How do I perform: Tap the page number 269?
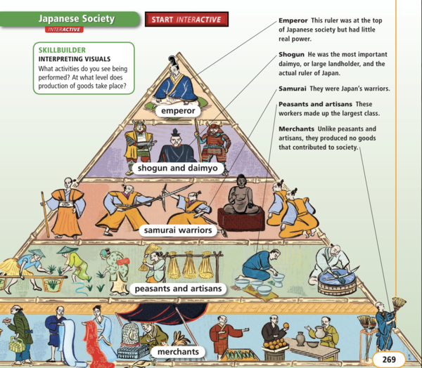[x=390, y=360]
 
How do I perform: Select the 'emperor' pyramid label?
[x=177, y=111]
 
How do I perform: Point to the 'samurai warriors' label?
[x=177, y=230]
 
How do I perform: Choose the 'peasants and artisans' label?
[x=177, y=289]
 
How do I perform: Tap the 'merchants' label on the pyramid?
[x=177, y=351]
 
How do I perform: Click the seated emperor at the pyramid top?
[x=176, y=83]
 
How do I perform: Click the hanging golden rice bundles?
[x=188, y=265]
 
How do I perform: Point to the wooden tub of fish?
[x=336, y=281]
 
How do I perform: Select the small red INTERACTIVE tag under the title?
[x=64, y=29]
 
